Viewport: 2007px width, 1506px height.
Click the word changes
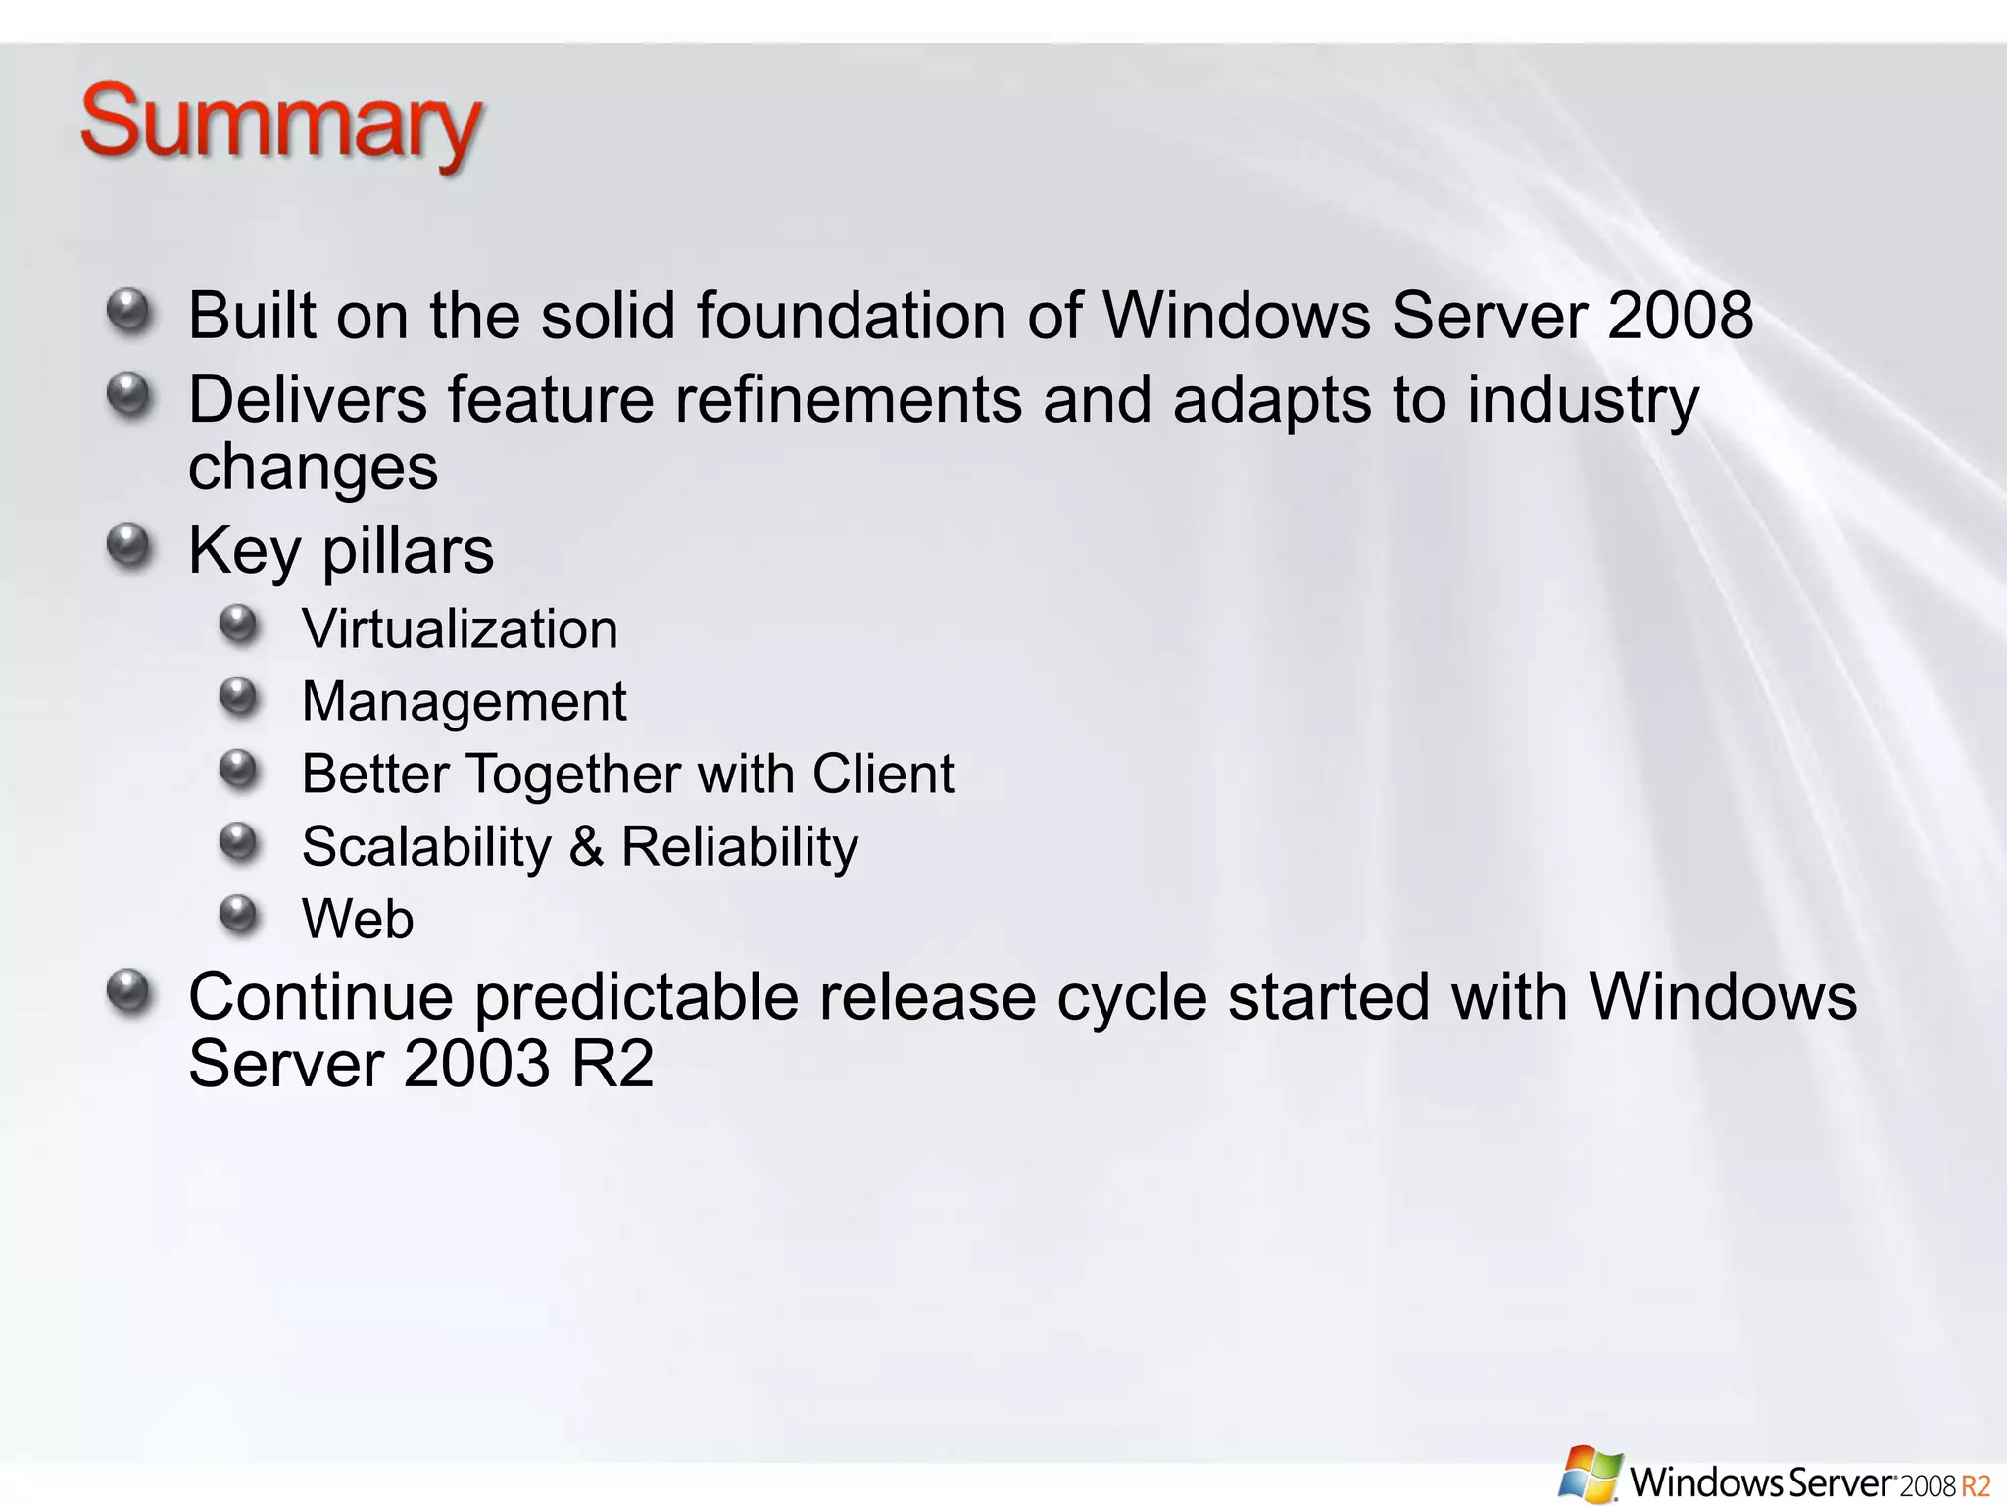(313, 468)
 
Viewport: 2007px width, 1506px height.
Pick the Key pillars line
(341, 551)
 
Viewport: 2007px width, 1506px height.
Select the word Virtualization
(460, 628)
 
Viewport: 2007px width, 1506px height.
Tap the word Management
(464, 701)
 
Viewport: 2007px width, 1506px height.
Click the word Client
(882, 774)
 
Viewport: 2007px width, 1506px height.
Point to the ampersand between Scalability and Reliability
(586, 846)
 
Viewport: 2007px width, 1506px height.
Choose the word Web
(358, 919)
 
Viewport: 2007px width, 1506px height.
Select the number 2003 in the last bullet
(476, 1064)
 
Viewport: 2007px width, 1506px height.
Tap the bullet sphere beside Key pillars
(129, 545)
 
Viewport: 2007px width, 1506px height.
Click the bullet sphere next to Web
(238, 914)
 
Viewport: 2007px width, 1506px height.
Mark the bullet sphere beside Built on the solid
(129, 311)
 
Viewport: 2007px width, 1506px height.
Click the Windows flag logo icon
(1589, 1474)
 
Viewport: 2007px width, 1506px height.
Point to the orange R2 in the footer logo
(1976, 1485)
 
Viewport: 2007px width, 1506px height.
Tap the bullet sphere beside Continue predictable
(129, 992)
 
